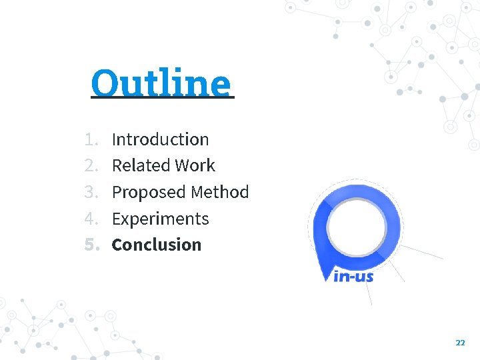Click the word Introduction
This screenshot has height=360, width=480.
pos(160,139)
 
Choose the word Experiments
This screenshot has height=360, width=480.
pos(160,219)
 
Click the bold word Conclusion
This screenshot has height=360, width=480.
pos(156,245)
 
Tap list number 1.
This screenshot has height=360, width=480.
pos(91,139)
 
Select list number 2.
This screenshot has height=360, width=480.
pos(91,165)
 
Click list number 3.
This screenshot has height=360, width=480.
pos(91,192)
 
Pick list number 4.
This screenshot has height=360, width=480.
pos(91,219)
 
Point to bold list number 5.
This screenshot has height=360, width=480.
pos(91,245)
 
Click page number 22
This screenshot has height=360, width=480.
pos(460,342)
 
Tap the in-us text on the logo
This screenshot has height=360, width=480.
pos(353,275)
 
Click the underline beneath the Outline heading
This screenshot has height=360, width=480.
pos(163,98)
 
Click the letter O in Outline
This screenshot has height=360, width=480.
pos(105,83)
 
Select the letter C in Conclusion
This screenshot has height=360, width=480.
pos(117,245)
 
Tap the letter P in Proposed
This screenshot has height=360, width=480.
pos(117,193)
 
